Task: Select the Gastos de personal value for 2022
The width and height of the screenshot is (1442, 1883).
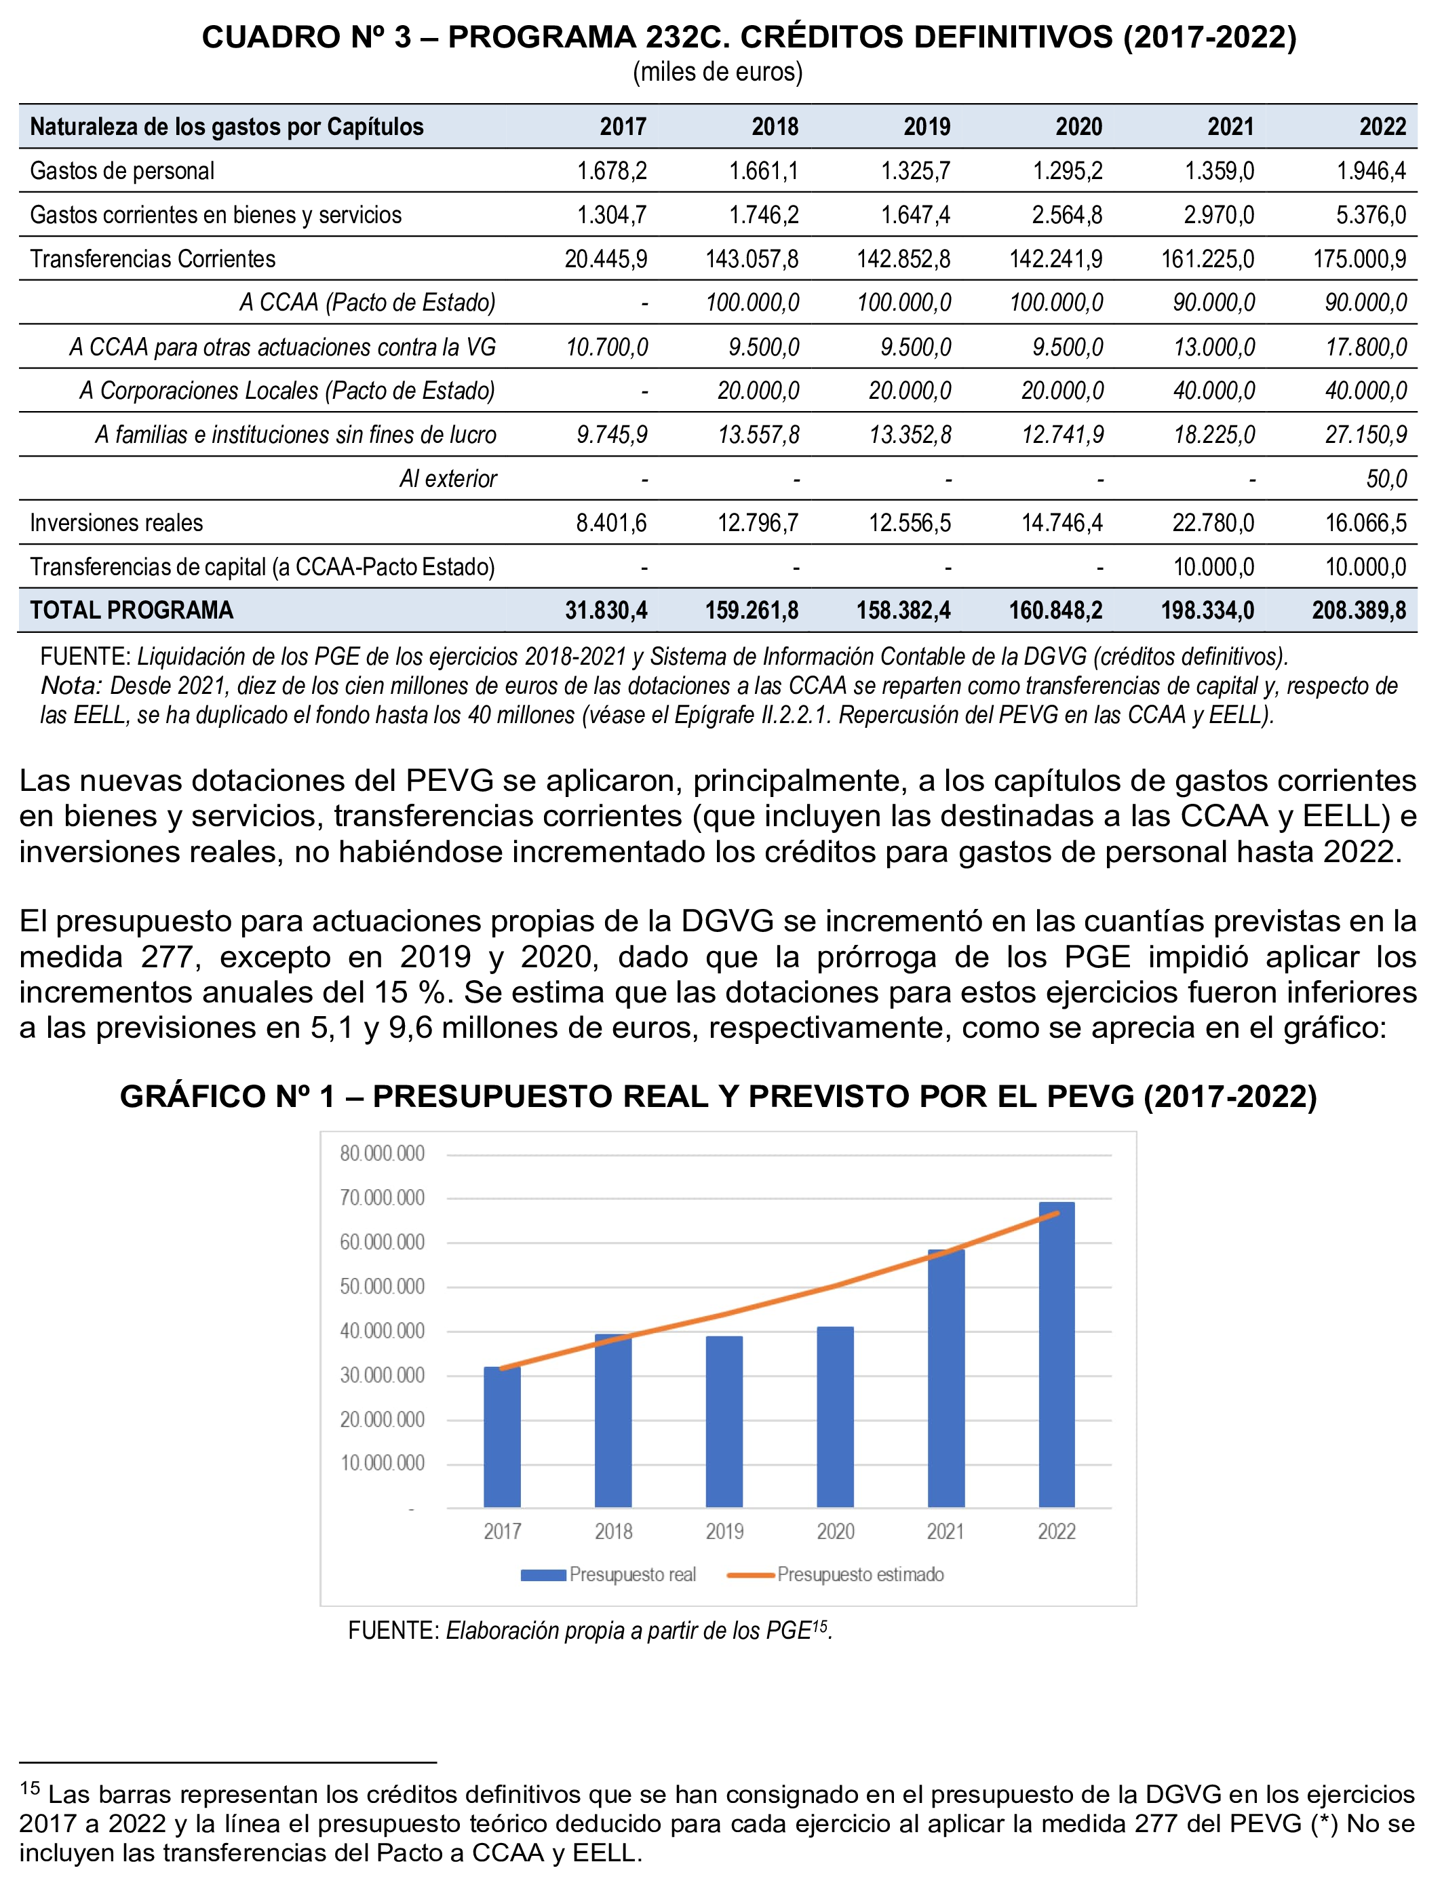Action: click(x=1371, y=171)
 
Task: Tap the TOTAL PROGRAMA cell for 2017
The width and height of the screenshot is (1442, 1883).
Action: click(x=606, y=610)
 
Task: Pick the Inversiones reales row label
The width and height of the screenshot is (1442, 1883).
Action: click(x=117, y=523)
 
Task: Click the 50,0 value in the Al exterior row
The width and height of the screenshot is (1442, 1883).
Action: click(x=1386, y=479)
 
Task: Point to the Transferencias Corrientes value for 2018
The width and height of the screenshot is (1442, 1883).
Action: click(x=752, y=259)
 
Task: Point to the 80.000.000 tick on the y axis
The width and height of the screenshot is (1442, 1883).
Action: click(x=382, y=1154)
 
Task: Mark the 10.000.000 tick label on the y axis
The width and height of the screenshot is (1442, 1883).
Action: click(x=382, y=1463)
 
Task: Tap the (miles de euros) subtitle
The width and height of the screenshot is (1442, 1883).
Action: click(x=718, y=72)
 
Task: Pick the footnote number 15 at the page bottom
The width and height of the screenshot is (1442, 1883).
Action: click(x=30, y=1789)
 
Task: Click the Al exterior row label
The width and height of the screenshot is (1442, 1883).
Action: click(x=448, y=479)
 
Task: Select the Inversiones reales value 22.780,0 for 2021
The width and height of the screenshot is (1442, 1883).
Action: click(x=1213, y=523)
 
